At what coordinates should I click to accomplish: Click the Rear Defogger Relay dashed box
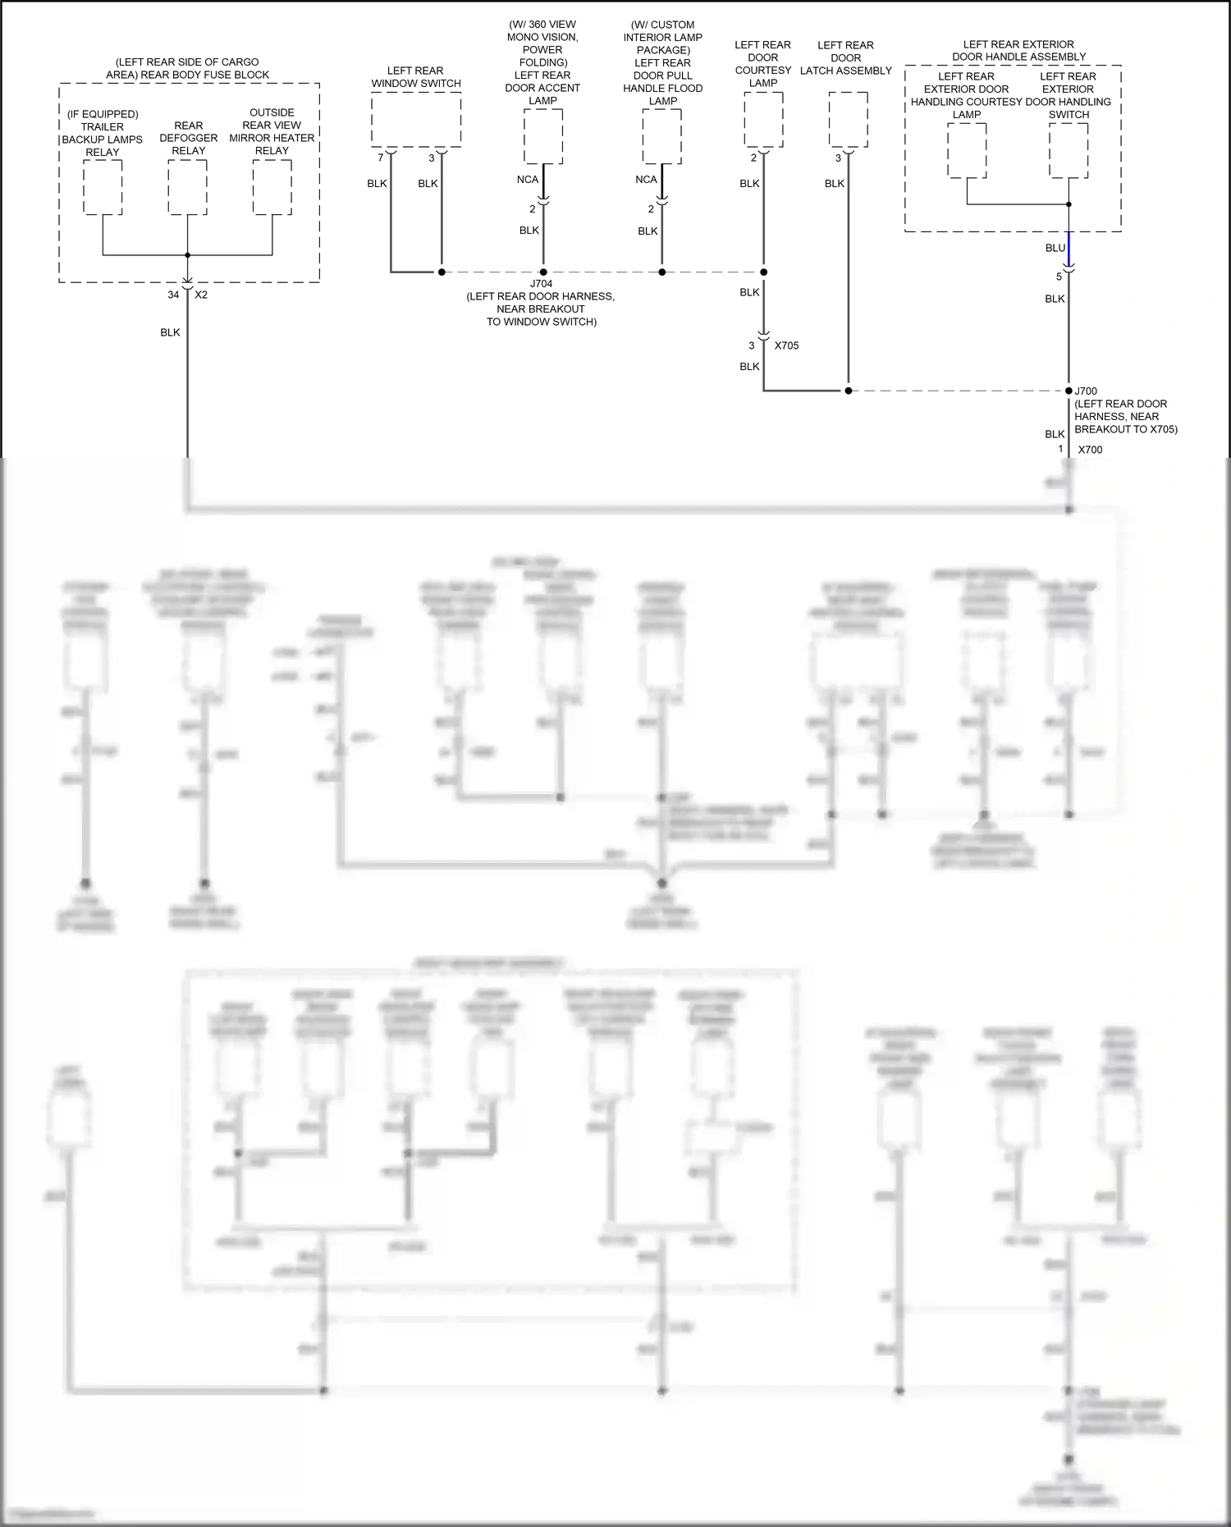(x=187, y=187)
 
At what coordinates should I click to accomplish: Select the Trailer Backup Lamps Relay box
(x=103, y=187)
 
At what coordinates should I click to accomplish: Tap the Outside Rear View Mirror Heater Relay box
(x=272, y=187)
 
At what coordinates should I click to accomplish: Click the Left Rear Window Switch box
(x=415, y=120)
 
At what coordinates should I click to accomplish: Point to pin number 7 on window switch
(x=381, y=158)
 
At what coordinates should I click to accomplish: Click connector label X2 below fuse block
(x=201, y=295)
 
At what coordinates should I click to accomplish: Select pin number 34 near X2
(x=173, y=295)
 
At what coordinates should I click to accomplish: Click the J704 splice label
(x=542, y=284)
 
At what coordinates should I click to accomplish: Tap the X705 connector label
(x=786, y=345)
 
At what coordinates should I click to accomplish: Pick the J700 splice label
(x=1086, y=391)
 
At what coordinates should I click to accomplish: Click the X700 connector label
(x=1090, y=450)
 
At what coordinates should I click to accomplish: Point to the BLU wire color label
(x=1055, y=248)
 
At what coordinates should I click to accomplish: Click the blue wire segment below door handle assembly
(x=1069, y=246)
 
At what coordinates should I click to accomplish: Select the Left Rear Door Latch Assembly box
(x=848, y=120)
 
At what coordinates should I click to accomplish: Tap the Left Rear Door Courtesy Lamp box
(x=763, y=120)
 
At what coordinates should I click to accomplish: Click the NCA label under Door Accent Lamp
(x=528, y=180)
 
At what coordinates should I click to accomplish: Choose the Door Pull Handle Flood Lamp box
(x=661, y=136)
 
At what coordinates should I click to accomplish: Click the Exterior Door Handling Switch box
(x=1069, y=150)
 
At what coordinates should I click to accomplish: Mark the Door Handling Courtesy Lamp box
(x=967, y=150)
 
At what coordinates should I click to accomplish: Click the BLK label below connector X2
(x=170, y=332)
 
